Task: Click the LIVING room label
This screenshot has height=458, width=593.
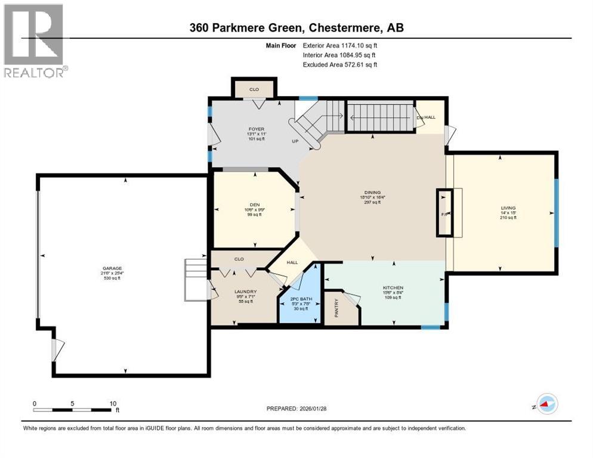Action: (x=508, y=209)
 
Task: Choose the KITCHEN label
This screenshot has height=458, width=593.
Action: (x=393, y=288)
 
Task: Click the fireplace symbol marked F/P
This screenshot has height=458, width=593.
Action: (x=444, y=213)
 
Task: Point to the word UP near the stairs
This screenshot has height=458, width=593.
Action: (x=294, y=142)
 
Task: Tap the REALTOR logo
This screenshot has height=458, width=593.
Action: (x=33, y=41)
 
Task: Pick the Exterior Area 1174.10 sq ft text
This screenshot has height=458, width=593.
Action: (x=340, y=45)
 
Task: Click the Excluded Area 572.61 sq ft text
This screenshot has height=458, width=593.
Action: (x=340, y=64)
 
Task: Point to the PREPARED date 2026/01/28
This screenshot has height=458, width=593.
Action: (x=296, y=409)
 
